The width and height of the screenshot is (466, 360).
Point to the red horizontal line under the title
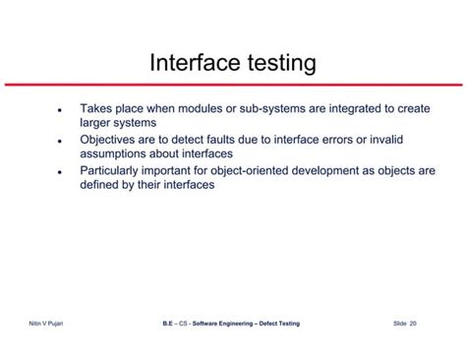233,85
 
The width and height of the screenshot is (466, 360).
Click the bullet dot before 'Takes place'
61,110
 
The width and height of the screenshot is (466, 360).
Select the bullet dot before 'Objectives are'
61,141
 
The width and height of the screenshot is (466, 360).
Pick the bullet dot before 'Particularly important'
61,171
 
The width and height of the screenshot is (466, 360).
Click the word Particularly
118,170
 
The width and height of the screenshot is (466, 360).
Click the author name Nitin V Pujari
48,323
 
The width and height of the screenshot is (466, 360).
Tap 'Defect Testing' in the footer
278,323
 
